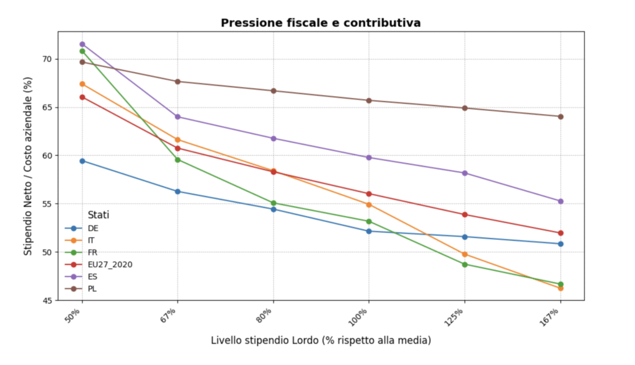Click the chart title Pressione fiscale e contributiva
[321, 23]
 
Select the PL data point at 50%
[82, 62]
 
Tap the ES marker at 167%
[561, 201]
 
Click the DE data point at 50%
[82, 161]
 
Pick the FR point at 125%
[464, 265]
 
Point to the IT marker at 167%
[561, 288]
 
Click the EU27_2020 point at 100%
[369, 194]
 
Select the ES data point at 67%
[177, 117]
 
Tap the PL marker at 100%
[369, 100]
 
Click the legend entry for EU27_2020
[110, 265]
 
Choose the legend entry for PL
[92, 289]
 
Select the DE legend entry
[93, 228]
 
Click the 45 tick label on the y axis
[46, 301]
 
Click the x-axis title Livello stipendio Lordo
[321, 340]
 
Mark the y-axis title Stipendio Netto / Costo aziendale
[28, 167]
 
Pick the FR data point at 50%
[82, 51]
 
